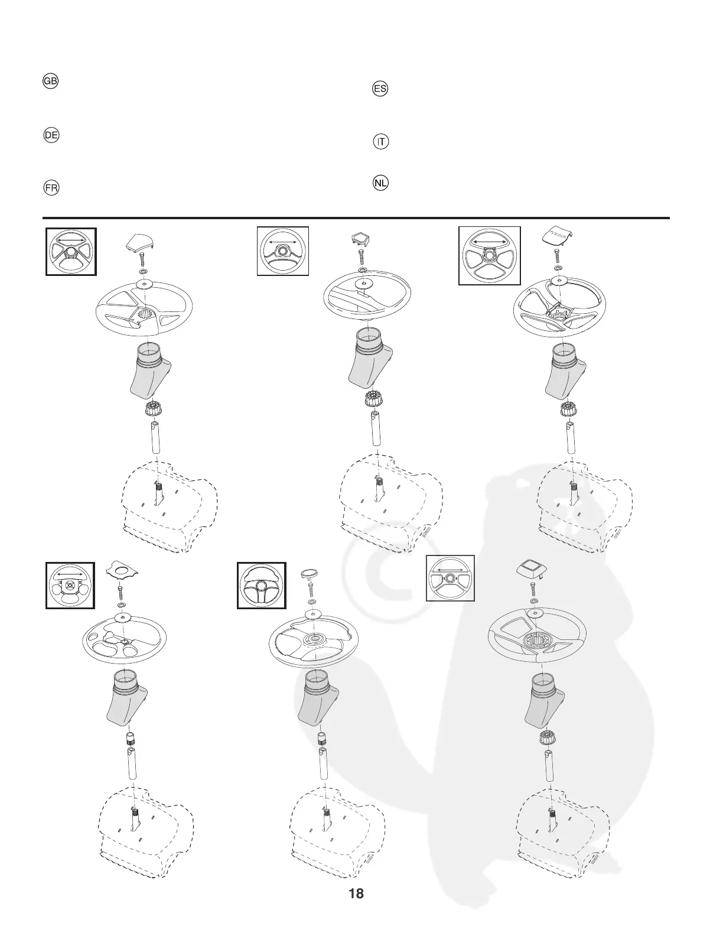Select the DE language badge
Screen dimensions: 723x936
point(51,135)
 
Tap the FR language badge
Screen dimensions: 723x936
point(51,188)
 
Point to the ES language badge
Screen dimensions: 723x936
point(380,89)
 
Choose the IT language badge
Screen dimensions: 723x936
point(382,142)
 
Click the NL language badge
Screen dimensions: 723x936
point(380,183)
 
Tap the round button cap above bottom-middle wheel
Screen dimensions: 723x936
point(310,574)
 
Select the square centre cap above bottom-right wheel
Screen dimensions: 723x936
point(529,568)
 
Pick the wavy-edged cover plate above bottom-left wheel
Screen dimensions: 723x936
point(121,571)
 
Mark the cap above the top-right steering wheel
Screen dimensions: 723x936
point(558,236)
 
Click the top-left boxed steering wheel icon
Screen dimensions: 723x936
point(71,252)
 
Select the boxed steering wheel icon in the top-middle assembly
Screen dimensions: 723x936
point(283,251)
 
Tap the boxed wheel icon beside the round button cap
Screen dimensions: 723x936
point(262,586)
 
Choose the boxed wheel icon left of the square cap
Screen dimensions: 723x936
point(450,578)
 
